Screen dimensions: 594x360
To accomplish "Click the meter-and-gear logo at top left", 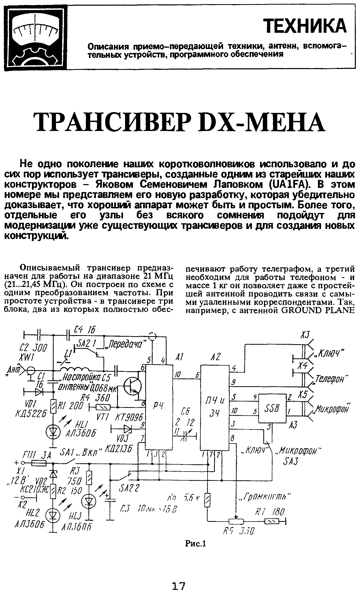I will click(35, 38).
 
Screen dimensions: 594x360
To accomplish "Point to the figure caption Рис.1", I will click(196, 544).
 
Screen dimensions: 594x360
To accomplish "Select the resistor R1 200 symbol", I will click(53, 407).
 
